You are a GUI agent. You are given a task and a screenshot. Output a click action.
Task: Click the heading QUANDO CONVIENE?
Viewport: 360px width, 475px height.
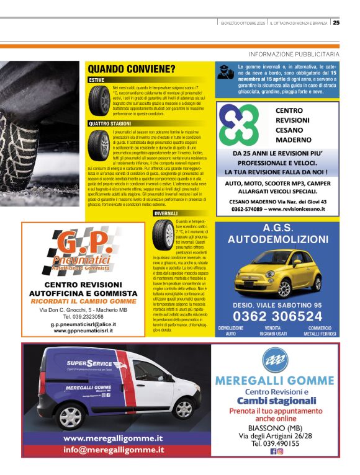click(131, 69)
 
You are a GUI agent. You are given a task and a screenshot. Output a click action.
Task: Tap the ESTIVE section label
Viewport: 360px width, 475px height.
click(97, 80)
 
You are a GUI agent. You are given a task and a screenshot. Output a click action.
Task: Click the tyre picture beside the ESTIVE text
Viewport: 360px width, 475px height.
click(99, 100)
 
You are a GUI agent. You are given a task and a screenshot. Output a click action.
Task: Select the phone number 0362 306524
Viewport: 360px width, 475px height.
click(277, 316)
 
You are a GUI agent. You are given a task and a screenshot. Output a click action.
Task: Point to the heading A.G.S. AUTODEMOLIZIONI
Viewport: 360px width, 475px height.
click(278, 233)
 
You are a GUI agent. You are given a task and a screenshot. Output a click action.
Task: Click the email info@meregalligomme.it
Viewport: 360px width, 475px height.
click(114, 450)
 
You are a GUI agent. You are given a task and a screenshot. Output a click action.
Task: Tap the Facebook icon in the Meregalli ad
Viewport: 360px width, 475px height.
click(273, 451)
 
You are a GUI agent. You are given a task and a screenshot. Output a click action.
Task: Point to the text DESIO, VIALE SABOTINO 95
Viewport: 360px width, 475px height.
click(277, 304)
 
